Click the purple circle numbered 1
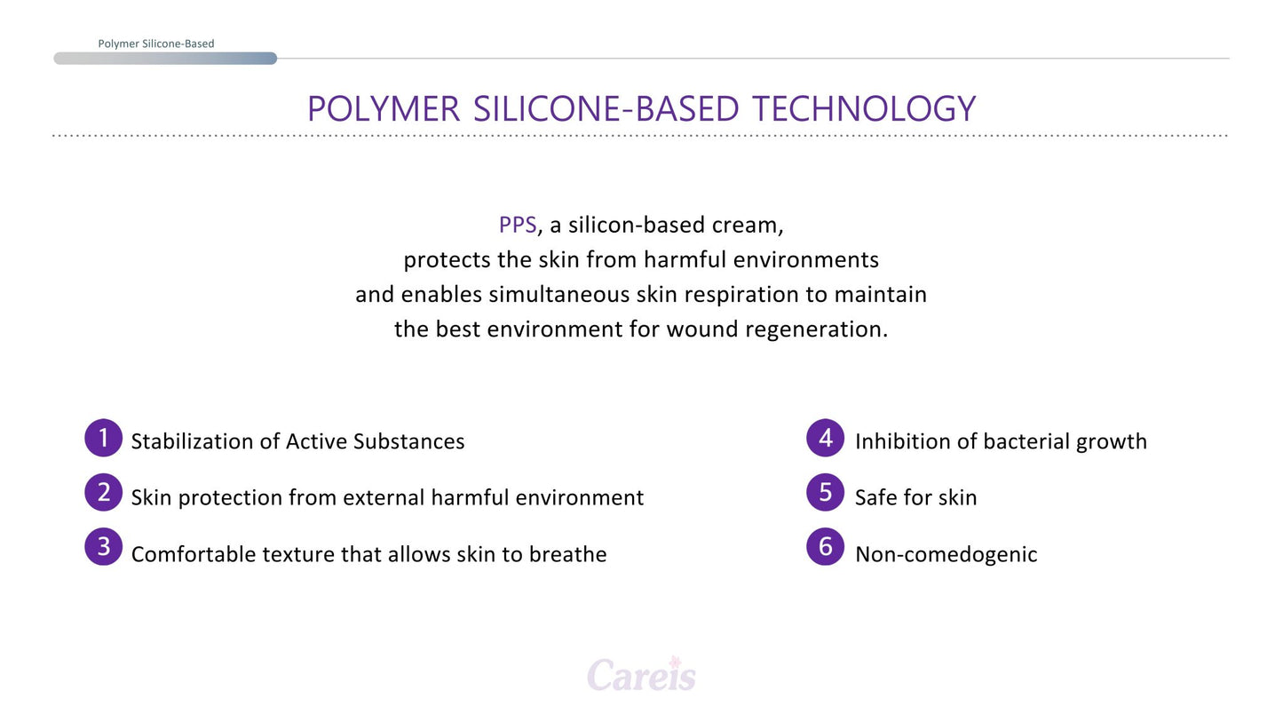pos(103,438)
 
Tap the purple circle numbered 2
pos(103,493)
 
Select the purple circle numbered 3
pos(103,547)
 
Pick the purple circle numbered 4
pos(825,438)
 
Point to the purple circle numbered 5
pos(825,493)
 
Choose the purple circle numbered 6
pos(825,547)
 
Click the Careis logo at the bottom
pos(641,676)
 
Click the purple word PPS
pos(517,226)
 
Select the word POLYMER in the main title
pos(383,109)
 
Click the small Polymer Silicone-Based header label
pos(155,44)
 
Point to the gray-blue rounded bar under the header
pos(165,59)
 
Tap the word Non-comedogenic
pos(946,555)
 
